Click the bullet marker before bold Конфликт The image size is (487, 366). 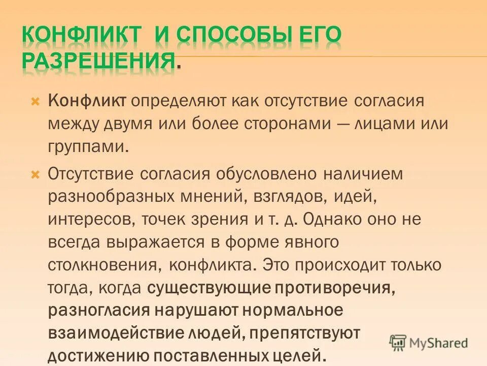point(35,101)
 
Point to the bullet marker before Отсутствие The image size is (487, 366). point(35,174)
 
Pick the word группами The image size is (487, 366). point(85,147)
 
